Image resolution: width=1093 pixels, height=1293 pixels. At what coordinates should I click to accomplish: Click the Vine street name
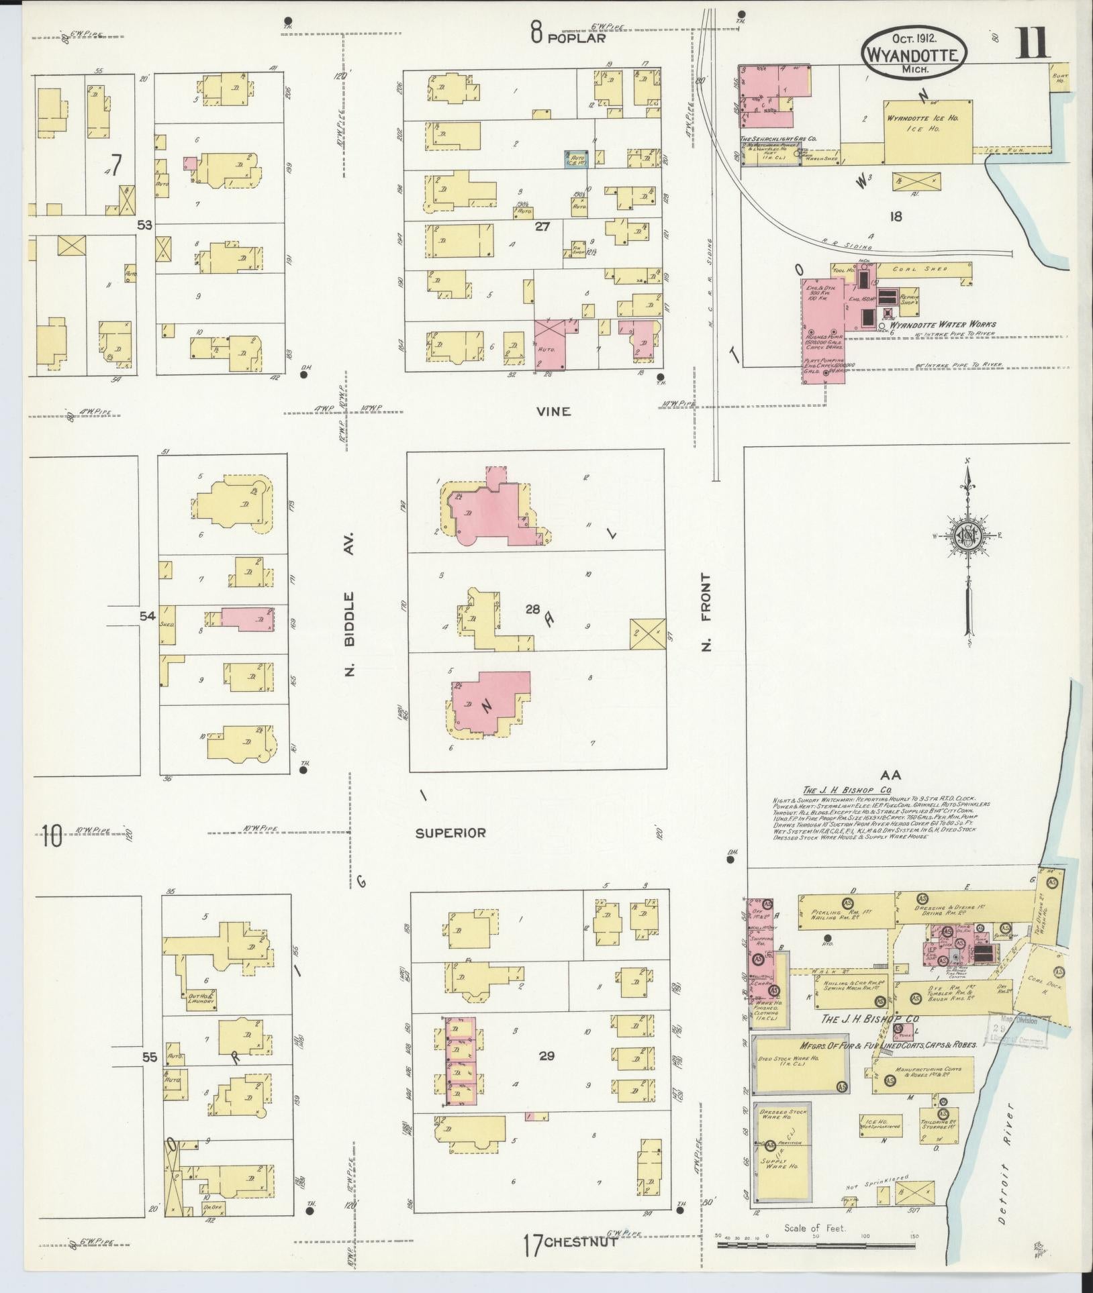[x=554, y=411]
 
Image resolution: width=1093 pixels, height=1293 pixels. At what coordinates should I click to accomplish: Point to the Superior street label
[x=450, y=833]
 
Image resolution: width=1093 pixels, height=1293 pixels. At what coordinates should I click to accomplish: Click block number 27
[x=542, y=227]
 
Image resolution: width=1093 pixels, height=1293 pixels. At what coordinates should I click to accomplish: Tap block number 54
[x=148, y=615]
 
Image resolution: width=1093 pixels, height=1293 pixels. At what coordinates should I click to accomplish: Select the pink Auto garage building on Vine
[x=551, y=346]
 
